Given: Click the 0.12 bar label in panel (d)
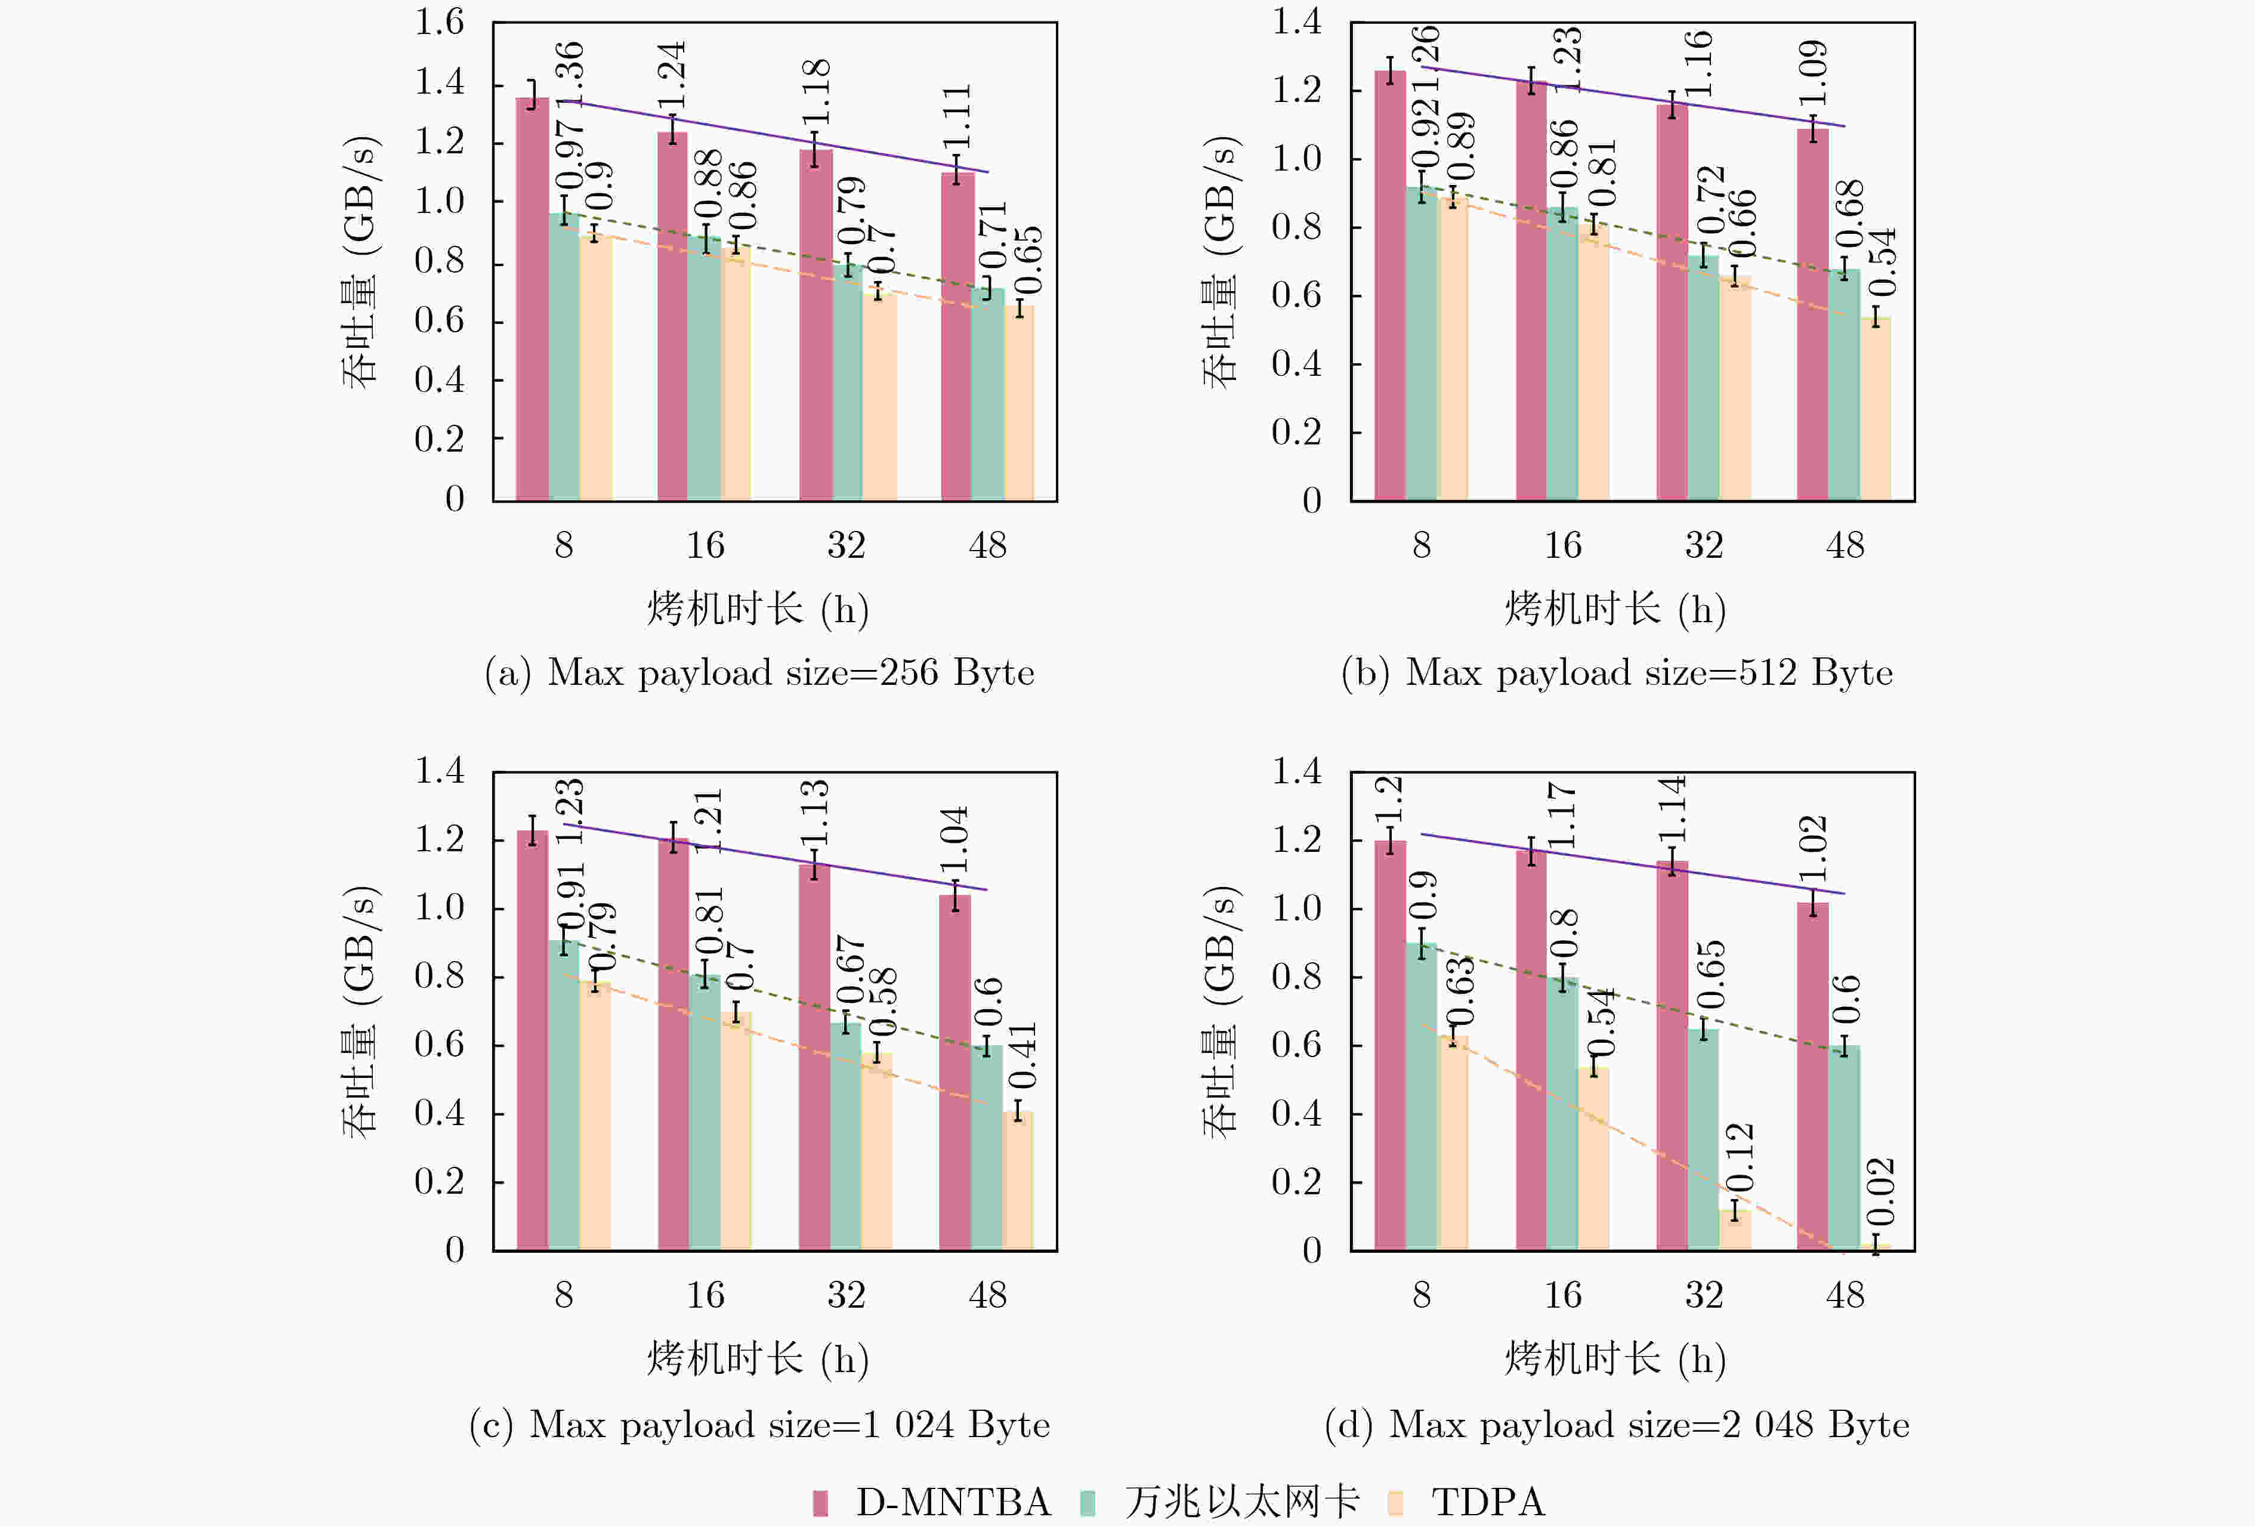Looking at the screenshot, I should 1739,1157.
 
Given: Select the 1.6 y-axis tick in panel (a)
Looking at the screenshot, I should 440,22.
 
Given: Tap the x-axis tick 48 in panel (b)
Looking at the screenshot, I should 1845,545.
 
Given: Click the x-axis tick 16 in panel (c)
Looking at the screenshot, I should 705,1295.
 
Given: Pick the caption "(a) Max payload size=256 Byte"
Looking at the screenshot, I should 759,672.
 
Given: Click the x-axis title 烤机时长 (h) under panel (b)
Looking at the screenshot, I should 1615,609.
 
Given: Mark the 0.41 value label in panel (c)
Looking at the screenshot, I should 1022,1055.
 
